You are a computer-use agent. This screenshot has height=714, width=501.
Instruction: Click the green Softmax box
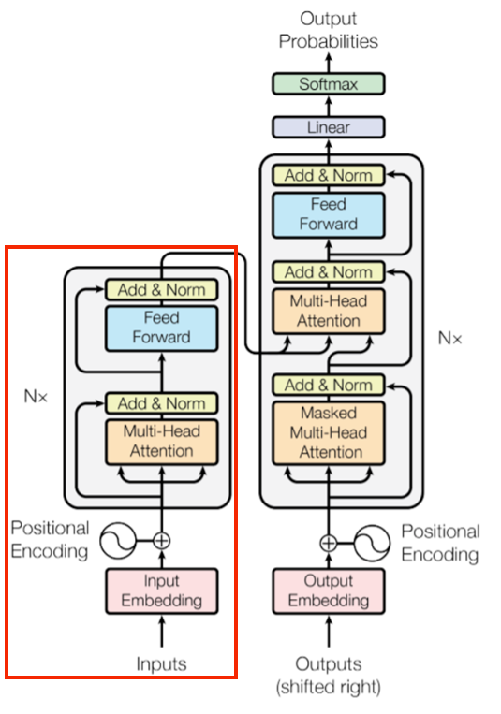329,84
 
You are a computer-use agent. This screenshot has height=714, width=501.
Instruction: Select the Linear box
329,127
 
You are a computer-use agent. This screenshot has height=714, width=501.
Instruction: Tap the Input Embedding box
162,590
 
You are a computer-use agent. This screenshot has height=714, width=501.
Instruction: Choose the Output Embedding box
329,590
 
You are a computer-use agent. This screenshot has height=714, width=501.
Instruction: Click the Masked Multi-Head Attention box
329,432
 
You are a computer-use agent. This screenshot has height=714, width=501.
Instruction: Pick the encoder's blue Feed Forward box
162,328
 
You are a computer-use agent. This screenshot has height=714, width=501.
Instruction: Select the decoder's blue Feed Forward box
329,215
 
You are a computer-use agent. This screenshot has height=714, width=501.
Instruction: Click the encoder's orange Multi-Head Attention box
162,442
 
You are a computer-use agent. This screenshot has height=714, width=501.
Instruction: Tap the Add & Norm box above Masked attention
329,386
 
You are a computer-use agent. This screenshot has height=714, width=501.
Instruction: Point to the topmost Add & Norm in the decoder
329,175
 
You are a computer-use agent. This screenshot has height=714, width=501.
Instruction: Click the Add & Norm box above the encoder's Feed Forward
162,289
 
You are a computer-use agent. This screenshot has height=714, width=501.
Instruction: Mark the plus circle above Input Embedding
162,541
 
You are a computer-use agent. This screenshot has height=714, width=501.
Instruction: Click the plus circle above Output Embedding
329,543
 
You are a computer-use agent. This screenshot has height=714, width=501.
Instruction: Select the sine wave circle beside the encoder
118,541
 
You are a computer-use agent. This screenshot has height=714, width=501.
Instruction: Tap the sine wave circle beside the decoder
372,543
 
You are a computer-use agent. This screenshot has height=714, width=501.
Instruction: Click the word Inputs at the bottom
161,663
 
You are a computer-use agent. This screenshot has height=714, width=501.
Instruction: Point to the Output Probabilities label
329,30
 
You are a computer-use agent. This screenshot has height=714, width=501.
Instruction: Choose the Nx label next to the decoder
449,339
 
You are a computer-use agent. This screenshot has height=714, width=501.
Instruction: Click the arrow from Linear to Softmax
329,106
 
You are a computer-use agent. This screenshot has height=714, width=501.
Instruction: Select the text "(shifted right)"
329,687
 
